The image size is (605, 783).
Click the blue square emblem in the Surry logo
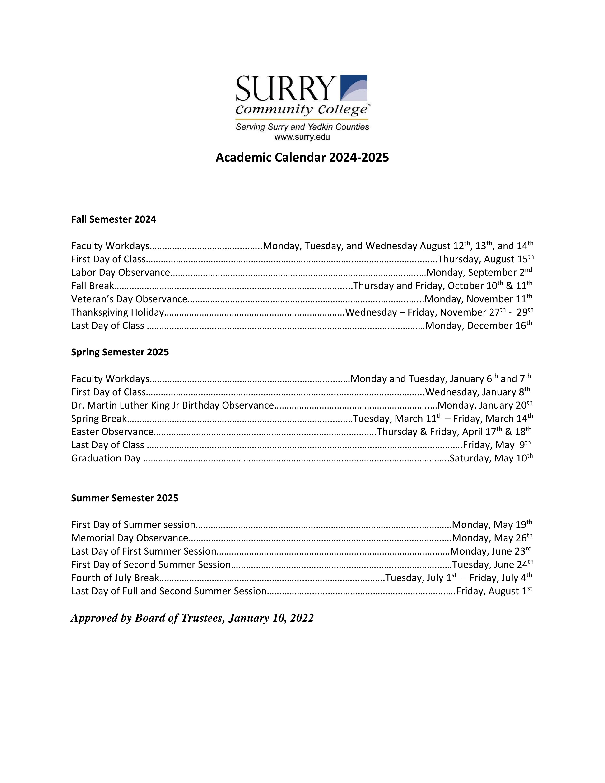(x=354, y=88)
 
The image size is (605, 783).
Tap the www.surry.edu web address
(x=302, y=137)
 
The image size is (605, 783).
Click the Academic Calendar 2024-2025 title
(x=302, y=157)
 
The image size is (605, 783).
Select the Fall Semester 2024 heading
(x=114, y=219)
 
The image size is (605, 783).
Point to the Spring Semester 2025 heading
(x=120, y=352)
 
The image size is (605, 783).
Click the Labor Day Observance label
(x=121, y=272)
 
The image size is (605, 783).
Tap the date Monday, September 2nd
(x=479, y=272)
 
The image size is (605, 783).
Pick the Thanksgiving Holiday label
(x=117, y=312)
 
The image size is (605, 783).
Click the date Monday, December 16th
(x=479, y=326)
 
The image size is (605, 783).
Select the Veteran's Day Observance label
(x=129, y=299)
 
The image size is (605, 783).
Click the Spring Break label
(x=99, y=418)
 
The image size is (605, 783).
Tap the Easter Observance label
(x=112, y=432)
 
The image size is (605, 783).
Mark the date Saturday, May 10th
(x=491, y=458)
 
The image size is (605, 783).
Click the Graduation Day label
(x=106, y=458)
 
